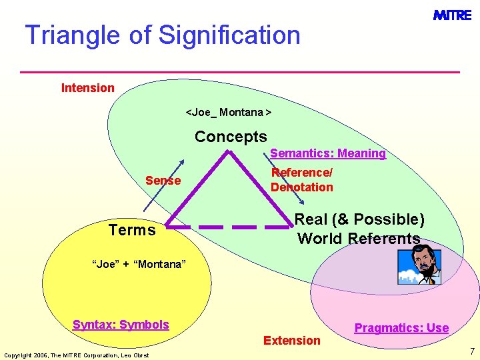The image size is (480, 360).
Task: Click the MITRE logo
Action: click(452, 15)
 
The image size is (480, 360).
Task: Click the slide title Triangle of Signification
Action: click(163, 35)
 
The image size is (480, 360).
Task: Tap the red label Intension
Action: click(88, 88)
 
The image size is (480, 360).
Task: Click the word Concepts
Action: click(231, 137)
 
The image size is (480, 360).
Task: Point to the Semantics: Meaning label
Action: click(327, 153)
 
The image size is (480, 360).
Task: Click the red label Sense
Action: click(163, 181)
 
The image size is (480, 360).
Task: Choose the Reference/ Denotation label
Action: click(301, 180)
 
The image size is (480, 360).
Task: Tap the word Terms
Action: click(132, 230)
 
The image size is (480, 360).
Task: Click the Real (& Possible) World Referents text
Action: click(359, 229)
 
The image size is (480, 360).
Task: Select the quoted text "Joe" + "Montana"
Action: click(138, 265)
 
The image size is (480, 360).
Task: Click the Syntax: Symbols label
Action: click(121, 325)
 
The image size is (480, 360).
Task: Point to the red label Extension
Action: click(291, 341)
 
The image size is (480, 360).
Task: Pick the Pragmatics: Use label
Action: click(401, 327)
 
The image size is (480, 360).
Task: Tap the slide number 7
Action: click(471, 351)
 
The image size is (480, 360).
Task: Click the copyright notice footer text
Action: click(76, 355)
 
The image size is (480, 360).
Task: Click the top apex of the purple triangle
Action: click(229, 152)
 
